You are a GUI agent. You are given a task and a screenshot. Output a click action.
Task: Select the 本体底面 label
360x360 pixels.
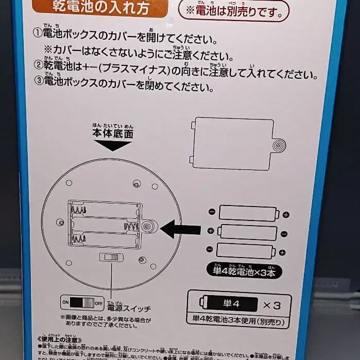click(x=113, y=133)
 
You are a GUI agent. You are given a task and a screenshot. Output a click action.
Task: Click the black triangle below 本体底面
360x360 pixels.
click(x=113, y=145)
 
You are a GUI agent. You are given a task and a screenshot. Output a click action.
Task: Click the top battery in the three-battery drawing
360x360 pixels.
click(x=249, y=213)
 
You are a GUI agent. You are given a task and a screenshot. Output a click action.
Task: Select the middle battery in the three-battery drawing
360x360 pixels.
click(x=249, y=232)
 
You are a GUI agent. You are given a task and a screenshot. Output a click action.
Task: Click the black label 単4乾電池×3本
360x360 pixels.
click(x=244, y=270)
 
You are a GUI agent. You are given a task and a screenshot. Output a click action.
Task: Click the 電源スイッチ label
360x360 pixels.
click(x=129, y=308)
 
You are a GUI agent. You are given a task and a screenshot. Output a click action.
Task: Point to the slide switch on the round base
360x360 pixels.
click(x=109, y=258)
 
